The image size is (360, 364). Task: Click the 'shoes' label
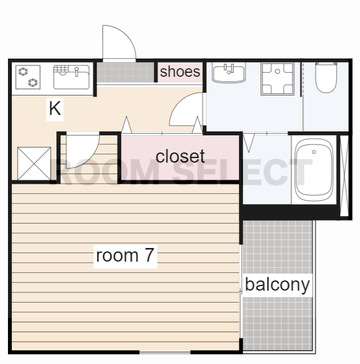point(180,72)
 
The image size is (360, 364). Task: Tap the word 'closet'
point(180,156)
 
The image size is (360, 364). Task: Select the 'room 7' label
point(125,255)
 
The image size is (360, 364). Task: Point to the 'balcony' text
point(278,285)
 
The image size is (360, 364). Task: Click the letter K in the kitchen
point(55,108)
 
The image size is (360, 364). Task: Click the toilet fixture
point(326,77)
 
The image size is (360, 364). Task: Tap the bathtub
point(314,169)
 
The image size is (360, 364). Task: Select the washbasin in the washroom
point(229,73)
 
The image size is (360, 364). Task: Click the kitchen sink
point(71,77)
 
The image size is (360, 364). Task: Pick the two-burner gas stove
point(28,77)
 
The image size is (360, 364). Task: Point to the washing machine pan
point(278,78)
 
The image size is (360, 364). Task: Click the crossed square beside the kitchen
point(34,163)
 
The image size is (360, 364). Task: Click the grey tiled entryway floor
point(125,72)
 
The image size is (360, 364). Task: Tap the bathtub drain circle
point(314,152)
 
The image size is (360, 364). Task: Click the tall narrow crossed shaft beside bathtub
point(344,176)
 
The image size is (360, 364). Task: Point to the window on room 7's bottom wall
point(165,353)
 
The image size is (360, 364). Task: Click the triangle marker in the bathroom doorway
point(249,142)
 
